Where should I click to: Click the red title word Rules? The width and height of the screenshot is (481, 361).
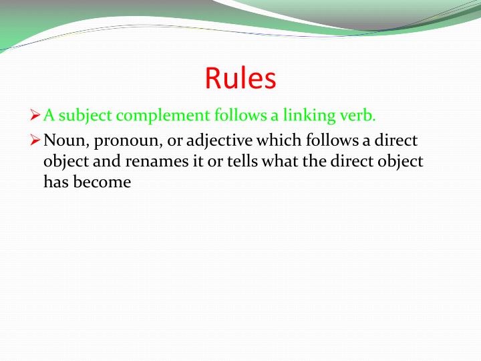pyautogui.click(x=240, y=78)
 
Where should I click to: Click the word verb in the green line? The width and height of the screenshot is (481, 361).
pyautogui.click(x=360, y=116)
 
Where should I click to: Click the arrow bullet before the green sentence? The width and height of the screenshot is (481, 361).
pyautogui.click(x=37, y=116)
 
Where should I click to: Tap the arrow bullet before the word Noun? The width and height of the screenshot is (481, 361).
pyautogui.click(x=37, y=140)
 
